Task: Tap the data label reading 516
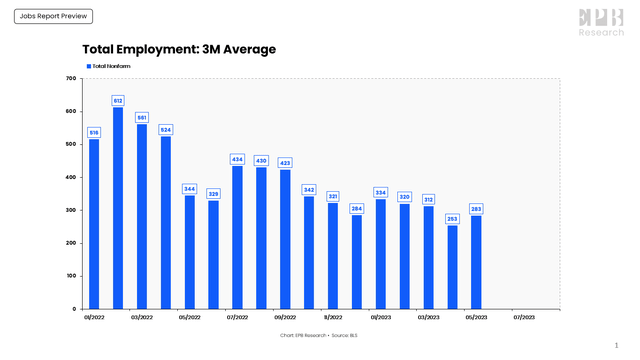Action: point(94,132)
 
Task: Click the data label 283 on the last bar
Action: point(476,209)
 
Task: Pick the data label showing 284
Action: point(357,208)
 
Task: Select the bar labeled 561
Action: point(142,216)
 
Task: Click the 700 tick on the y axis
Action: point(71,78)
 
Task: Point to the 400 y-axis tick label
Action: point(71,177)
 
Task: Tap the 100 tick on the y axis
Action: point(71,276)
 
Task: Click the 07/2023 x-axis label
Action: point(524,317)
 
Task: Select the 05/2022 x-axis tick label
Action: point(190,317)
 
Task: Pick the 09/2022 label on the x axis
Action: point(285,317)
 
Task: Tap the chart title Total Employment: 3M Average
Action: point(179,49)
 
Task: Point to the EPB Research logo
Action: point(601,22)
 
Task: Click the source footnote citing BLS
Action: point(320,334)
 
